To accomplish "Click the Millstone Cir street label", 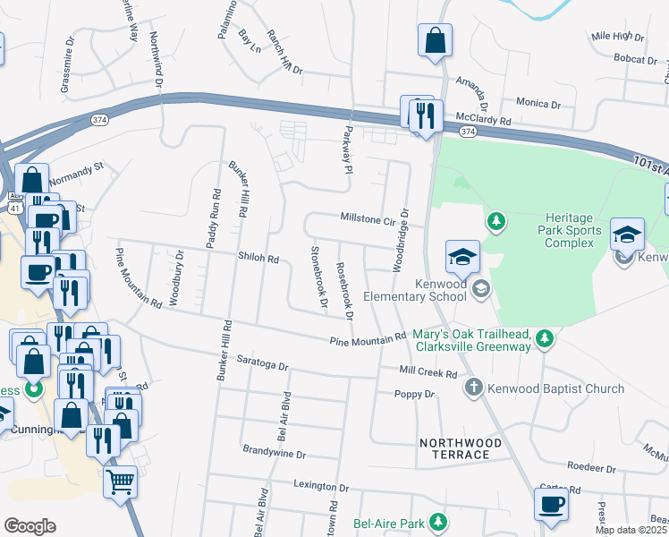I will pos(367,217).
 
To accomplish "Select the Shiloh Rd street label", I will pos(258,259).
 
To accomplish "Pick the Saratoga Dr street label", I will pos(263,366).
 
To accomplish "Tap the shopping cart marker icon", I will pos(121,482).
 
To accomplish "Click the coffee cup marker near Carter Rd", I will pos(551,503).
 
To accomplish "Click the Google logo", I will pos(30,526).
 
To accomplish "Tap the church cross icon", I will pos(473,388).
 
